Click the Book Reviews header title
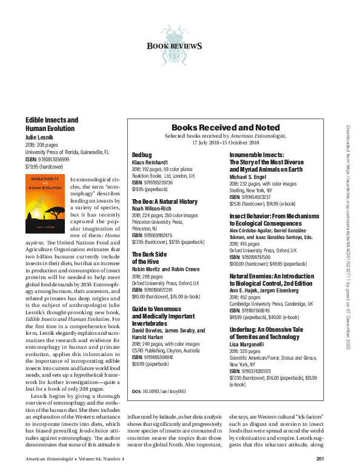(x=175, y=46)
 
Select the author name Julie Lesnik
(x=39, y=138)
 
